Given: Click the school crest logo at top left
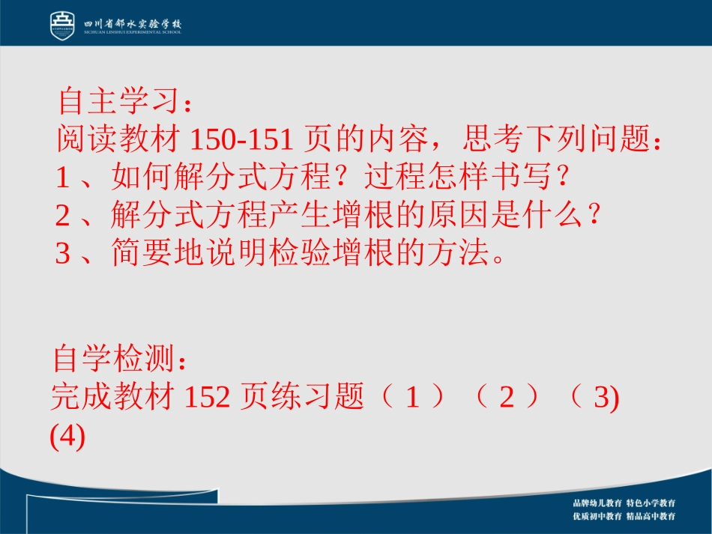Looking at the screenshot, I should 63,25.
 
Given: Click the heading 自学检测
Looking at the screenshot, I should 112,359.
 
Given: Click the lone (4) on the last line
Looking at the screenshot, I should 67,436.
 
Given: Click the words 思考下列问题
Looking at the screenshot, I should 555,139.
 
